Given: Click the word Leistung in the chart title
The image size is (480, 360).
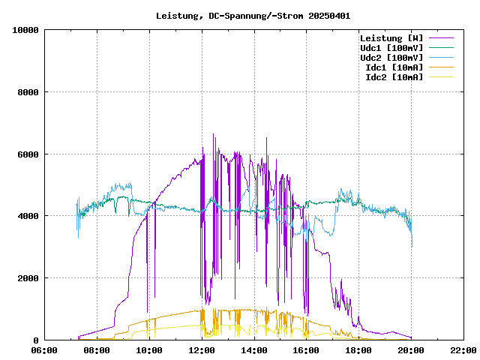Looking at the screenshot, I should (x=177, y=16).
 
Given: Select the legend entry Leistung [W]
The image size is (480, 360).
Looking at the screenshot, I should (x=391, y=38).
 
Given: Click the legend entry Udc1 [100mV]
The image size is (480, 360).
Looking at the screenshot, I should (x=391, y=48).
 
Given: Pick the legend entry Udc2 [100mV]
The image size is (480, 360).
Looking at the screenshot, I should (x=391, y=58).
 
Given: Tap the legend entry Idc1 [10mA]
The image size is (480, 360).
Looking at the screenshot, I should (x=393, y=67).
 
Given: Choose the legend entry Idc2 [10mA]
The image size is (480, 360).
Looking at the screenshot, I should (x=393, y=77).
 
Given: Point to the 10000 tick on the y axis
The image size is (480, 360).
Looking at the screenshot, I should (x=25, y=30).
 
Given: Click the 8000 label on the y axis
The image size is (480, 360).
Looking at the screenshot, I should (x=28, y=92).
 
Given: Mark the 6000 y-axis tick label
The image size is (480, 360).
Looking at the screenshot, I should (x=28, y=154).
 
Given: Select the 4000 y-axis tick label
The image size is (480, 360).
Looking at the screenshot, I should (x=28, y=216).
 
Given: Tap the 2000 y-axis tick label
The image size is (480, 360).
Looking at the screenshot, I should (x=28, y=278).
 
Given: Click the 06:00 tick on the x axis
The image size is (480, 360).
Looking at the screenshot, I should (x=44, y=349).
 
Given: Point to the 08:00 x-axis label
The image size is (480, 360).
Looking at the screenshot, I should (x=97, y=349).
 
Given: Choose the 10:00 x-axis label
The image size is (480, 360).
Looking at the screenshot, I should (x=149, y=349).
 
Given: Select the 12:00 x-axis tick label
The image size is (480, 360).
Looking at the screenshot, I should (x=202, y=349).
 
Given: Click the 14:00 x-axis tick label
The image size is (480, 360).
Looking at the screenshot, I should (x=254, y=349).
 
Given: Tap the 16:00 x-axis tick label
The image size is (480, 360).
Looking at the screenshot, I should (x=306, y=349).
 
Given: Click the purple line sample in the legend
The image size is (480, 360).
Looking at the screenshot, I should (x=442, y=38).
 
